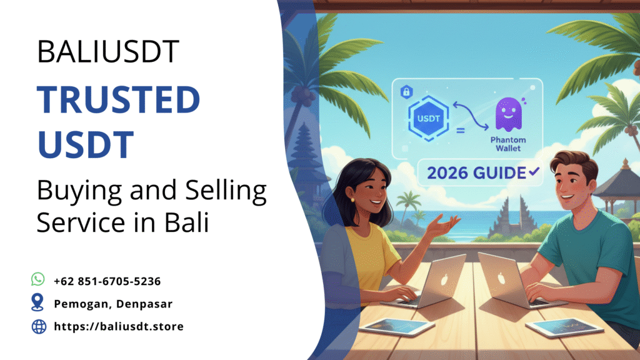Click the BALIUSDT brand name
coord(108,52)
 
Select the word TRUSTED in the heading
coord(118,99)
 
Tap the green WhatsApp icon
coord(38,279)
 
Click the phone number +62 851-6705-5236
coord(107,281)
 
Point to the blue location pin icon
coord(37,302)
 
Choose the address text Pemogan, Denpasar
coord(113,304)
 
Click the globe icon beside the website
coord(39,326)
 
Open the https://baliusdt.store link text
coord(119,326)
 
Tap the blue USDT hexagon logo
coord(429,118)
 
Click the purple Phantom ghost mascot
coord(509,114)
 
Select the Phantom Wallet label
coord(508,144)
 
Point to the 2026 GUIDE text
coord(476,173)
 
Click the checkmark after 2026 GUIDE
coord(534,172)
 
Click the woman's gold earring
coord(352,199)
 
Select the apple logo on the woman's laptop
coord(444,279)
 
